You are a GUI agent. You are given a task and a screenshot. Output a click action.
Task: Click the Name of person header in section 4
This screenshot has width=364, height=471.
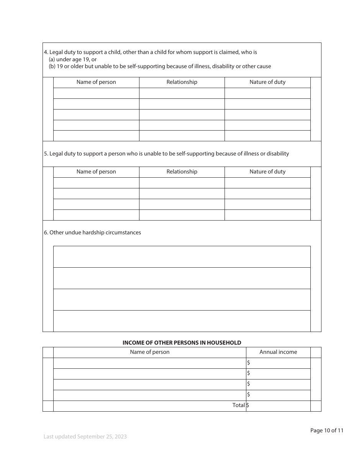tap(96, 82)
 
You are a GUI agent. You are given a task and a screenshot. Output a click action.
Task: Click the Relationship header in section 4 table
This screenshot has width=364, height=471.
tap(182, 82)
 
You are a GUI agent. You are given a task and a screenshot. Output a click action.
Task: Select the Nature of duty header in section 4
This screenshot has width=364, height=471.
tap(267, 82)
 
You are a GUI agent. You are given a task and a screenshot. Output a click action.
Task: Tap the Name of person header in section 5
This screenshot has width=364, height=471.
tap(96, 172)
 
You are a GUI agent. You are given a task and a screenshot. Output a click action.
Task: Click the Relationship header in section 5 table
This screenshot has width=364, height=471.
tap(182, 172)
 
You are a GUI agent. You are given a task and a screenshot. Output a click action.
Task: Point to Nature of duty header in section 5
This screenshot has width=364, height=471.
tap(267, 172)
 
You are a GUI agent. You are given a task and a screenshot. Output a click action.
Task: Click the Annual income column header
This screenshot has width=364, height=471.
tap(278, 352)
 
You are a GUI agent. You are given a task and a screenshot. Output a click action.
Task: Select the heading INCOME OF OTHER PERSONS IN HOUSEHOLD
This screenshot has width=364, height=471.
tap(182, 343)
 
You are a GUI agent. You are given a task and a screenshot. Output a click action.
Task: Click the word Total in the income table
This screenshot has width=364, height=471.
tap(238, 405)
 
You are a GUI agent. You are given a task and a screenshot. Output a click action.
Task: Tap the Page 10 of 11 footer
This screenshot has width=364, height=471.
tap(327, 430)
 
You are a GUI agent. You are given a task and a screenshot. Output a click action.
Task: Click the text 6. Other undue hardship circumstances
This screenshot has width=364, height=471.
tap(92, 232)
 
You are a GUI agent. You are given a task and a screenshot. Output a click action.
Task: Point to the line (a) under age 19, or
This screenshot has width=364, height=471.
tap(72, 59)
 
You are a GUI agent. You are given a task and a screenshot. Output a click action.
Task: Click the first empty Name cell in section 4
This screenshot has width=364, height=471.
tap(96, 93)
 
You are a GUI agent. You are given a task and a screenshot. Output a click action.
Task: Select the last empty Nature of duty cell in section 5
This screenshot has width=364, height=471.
tap(267, 215)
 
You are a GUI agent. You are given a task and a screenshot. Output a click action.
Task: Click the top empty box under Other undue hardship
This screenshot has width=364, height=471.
tap(182, 257)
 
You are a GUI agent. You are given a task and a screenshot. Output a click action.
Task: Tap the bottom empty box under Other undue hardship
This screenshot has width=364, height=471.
tap(182, 321)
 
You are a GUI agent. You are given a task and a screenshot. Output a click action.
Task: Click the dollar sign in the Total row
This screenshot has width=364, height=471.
tap(248, 405)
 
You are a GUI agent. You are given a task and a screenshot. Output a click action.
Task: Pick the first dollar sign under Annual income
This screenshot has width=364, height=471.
tap(249, 363)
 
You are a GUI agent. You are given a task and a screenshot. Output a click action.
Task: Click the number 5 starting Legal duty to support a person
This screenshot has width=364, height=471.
tap(45, 154)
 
